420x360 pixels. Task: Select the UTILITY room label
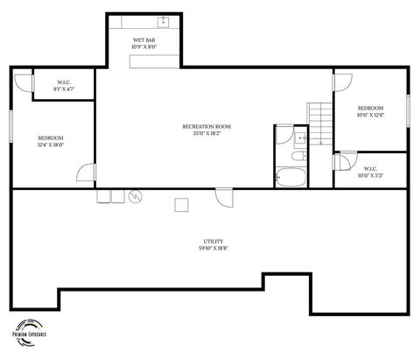(213, 241)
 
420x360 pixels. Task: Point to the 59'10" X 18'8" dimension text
(213, 249)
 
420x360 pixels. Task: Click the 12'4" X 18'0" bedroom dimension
(50, 145)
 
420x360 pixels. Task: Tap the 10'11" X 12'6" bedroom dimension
(371, 115)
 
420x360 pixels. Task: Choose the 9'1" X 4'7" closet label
(64, 88)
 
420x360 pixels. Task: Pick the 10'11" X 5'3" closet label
(370, 175)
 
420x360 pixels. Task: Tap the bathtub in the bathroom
(289, 178)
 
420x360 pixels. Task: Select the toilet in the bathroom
(297, 156)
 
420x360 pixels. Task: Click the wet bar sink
(163, 22)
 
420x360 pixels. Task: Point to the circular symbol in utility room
(135, 197)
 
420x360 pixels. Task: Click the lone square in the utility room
(181, 205)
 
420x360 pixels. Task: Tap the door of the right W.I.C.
(340, 161)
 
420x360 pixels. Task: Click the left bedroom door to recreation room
(87, 173)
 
